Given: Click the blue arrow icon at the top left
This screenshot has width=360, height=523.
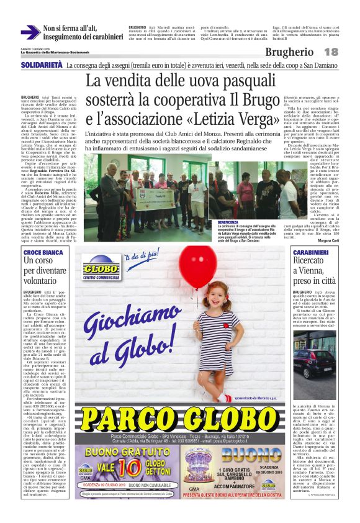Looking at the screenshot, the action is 30,32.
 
